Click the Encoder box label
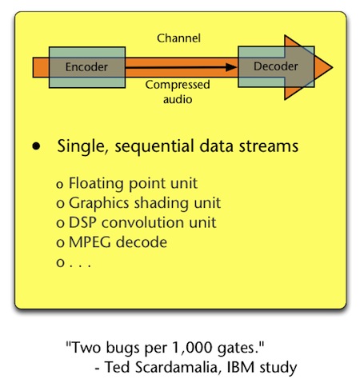click(86, 67)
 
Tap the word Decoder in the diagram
click(276, 66)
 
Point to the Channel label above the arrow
click(178, 38)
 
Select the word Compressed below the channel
click(178, 86)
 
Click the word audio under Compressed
click(178, 99)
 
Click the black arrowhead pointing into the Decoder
click(231, 67)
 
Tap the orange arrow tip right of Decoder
click(332, 67)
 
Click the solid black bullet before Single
click(36, 146)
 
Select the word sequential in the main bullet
click(154, 146)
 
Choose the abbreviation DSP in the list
click(82, 222)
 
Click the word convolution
click(142, 222)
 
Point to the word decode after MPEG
click(142, 242)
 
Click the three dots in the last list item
click(80, 265)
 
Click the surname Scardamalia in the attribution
click(176, 367)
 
